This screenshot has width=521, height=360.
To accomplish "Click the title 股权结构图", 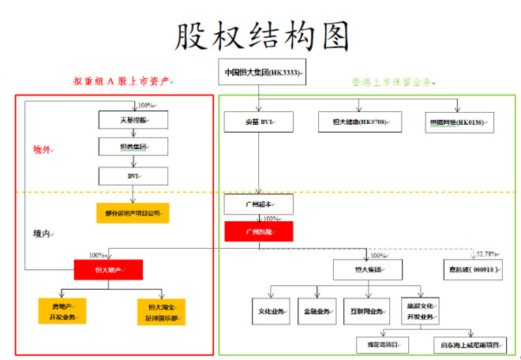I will [x=260, y=35].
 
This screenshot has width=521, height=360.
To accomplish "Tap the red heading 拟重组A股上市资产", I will [x=122, y=81].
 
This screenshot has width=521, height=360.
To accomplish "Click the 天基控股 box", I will [x=133, y=120].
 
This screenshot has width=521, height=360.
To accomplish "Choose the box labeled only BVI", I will [x=133, y=175].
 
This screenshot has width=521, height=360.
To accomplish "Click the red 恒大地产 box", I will [x=108, y=270].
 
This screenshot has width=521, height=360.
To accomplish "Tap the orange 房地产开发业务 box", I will [x=61, y=311].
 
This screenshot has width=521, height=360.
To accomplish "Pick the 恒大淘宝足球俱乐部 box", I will [x=160, y=311].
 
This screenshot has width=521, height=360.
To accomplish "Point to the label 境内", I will [x=42, y=234].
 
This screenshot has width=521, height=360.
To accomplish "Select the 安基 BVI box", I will [x=259, y=122].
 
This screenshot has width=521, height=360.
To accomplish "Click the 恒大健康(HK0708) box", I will [x=360, y=121].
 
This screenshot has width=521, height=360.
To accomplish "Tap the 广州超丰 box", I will [x=258, y=204].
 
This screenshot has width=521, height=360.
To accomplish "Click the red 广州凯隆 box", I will [x=258, y=231].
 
